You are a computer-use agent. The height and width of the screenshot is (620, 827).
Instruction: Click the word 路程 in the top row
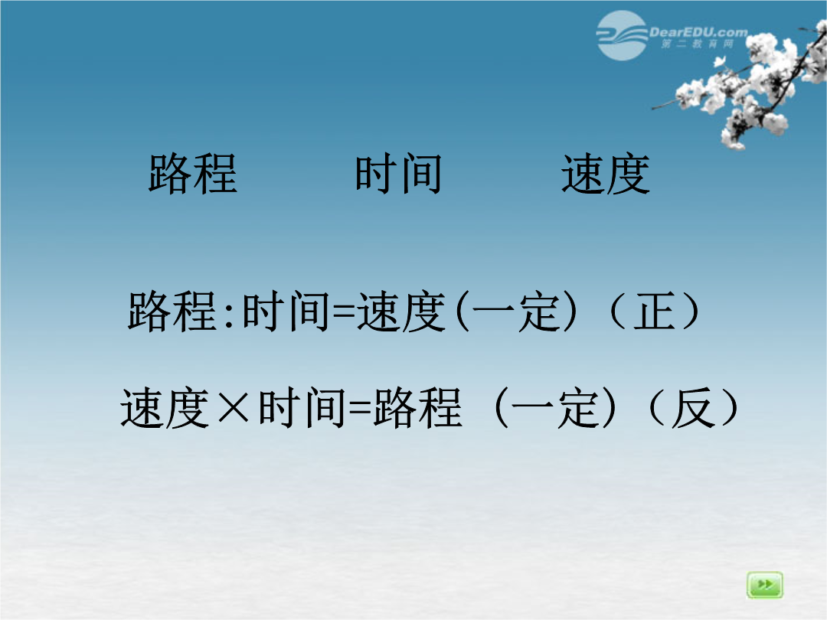point(193,174)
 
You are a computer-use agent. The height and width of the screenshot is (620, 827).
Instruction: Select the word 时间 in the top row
point(399,174)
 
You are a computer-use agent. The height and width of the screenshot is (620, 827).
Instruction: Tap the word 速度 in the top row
point(606,174)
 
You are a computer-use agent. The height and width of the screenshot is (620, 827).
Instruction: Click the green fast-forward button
point(765,585)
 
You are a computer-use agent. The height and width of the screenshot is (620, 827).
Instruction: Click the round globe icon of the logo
point(622,36)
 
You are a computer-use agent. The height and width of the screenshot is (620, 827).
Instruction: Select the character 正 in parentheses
point(655,312)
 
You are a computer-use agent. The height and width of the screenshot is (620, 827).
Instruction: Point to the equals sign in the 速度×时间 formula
point(361,409)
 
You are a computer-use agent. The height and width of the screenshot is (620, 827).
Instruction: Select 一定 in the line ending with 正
point(516,312)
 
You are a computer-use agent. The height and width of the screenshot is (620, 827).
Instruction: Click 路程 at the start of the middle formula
point(172,312)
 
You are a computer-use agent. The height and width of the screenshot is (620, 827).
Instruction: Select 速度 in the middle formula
point(401,312)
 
